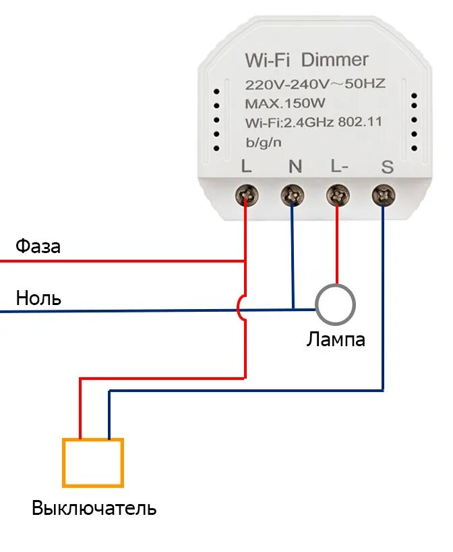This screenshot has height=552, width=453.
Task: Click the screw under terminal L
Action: click(x=245, y=196)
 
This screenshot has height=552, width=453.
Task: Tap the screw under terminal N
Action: click(x=293, y=196)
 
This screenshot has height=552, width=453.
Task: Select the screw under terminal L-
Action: click(x=337, y=196)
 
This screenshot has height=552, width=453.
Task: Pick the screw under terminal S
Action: click(x=384, y=196)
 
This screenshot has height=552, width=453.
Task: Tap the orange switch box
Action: click(x=93, y=462)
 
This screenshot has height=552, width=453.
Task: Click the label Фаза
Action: click(x=38, y=247)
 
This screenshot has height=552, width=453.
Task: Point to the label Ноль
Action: click(x=38, y=298)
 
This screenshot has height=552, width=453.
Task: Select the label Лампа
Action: click(x=336, y=339)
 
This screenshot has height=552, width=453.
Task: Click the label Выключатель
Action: click(x=94, y=508)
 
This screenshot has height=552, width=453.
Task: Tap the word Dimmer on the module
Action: click(x=335, y=61)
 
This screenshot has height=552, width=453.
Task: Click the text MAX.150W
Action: click(x=284, y=103)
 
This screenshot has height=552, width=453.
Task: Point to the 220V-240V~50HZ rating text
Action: click(x=315, y=84)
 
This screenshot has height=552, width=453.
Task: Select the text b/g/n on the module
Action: click(x=264, y=142)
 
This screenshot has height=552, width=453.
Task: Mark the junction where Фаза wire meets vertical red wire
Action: click(x=245, y=260)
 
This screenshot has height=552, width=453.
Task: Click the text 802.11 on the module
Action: click(x=360, y=122)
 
